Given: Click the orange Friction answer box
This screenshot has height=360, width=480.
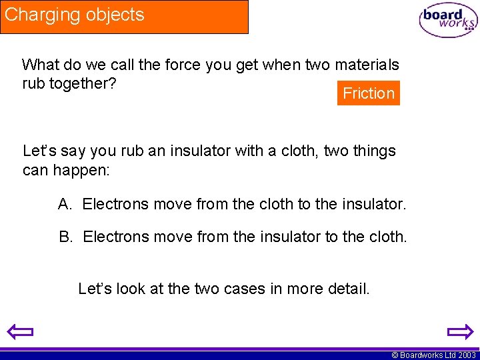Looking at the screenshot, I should (x=369, y=93).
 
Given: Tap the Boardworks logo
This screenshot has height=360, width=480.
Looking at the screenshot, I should (x=448, y=21).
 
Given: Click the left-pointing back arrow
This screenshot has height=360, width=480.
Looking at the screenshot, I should (x=20, y=331).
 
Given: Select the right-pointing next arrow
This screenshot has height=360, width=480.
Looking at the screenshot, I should (x=460, y=331).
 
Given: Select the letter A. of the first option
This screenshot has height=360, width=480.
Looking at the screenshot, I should (x=65, y=204).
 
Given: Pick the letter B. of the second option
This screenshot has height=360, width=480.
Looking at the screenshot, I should (x=65, y=236).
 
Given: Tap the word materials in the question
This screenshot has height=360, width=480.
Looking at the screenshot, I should (x=366, y=65).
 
